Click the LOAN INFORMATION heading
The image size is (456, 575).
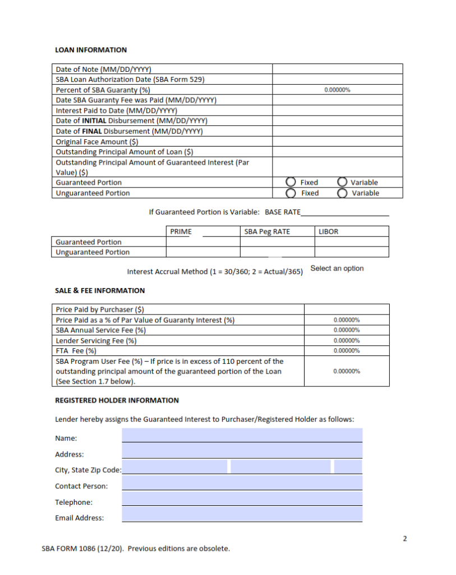(x=91, y=50)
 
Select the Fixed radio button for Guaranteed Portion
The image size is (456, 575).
(x=291, y=182)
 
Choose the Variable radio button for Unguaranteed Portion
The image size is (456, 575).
(x=342, y=193)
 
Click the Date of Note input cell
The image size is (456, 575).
(x=337, y=69)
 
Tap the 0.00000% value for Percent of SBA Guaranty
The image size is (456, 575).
(x=337, y=90)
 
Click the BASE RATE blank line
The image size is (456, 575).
(x=344, y=212)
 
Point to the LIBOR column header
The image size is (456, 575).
(x=328, y=231)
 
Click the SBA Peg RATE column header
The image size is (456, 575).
(x=268, y=231)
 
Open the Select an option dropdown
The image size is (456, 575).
(x=337, y=268)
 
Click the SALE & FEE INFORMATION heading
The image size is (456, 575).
(x=100, y=290)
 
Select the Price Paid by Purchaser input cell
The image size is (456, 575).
(x=346, y=309)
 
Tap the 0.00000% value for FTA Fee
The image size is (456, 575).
(x=346, y=351)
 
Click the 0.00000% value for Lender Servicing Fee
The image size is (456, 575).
(x=346, y=341)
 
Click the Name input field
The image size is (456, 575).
(x=242, y=435)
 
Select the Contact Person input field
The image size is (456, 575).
(x=242, y=483)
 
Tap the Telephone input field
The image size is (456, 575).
(x=242, y=499)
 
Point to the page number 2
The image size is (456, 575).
(x=405, y=539)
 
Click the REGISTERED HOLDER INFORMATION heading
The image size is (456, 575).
(x=117, y=400)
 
